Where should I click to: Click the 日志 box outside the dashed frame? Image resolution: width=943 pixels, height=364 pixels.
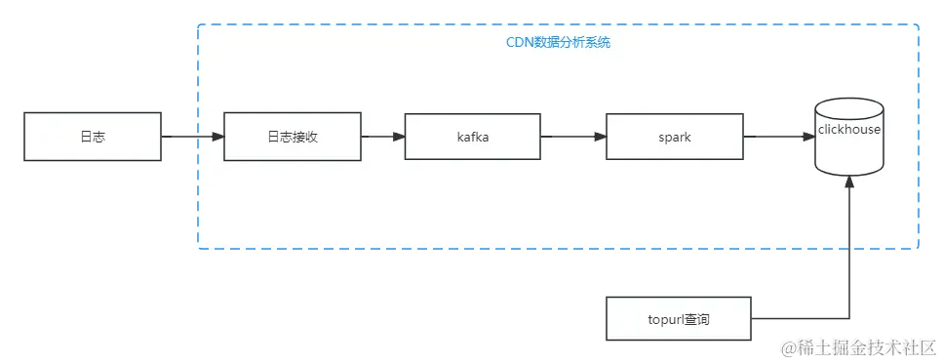click(x=93, y=137)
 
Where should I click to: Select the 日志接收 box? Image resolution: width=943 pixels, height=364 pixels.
click(x=292, y=137)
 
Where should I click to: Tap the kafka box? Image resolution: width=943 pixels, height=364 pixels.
click(x=472, y=137)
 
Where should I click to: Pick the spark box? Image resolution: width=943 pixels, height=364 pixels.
click(x=674, y=137)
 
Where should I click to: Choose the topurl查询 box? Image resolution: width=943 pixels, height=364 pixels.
click(x=679, y=318)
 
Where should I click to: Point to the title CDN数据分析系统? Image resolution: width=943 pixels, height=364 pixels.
click(x=558, y=43)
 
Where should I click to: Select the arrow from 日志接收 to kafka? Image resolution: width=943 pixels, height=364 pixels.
click(x=381, y=137)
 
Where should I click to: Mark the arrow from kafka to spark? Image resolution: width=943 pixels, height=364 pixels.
click(x=572, y=137)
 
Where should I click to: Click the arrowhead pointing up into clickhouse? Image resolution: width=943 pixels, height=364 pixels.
click(x=849, y=183)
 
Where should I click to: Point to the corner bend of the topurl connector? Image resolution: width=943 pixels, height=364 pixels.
click(x=849, y=315)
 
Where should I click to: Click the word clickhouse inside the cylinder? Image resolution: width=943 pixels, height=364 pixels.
click(x=848, y=129)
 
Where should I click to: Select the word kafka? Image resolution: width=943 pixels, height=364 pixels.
click(x=472, y=137)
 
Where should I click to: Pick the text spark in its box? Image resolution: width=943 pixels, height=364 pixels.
click(x=674, y=137)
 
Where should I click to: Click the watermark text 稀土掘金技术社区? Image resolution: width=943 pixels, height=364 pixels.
click(x=867, y=346)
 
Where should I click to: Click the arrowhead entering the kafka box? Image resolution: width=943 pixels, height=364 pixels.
click(x=398, y=137)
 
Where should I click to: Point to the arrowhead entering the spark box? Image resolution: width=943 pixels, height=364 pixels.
click(x=599, y=137)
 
